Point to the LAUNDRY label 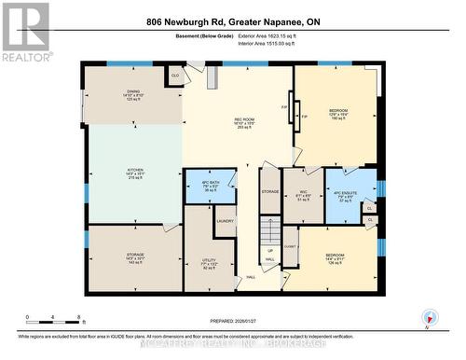(x=225, y=221)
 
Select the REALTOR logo (x=25, y=31)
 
